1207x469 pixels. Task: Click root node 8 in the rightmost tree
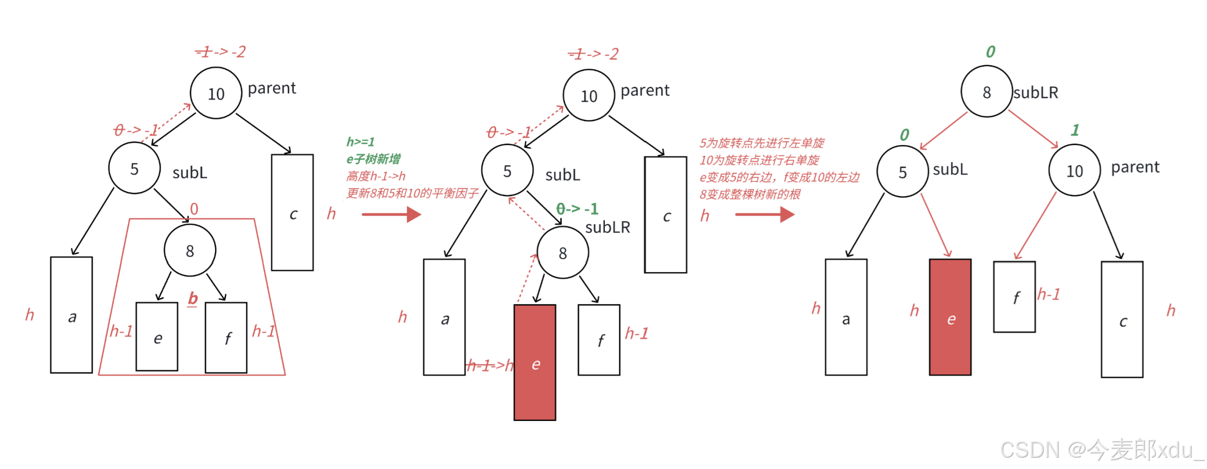(986, 92)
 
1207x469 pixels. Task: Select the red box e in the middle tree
(535, 363)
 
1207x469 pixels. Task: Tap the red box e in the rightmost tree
(950, 317)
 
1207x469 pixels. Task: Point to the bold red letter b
(193, 298)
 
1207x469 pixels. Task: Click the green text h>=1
(360, 142)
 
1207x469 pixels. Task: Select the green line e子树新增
(373, 159)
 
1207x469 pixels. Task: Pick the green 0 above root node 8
(990, 52)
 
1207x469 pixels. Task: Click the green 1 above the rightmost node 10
(1074, 130)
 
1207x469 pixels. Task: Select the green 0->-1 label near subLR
(577, 209)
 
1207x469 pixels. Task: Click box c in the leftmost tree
(292, 212)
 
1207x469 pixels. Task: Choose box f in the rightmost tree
(1014, 296)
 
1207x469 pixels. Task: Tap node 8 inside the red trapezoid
(190, 251)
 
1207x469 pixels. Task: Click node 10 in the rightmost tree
(1074, 171)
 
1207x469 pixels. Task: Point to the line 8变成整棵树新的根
(749, 194)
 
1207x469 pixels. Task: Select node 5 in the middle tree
(507, 171)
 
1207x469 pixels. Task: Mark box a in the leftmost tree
(71, 315)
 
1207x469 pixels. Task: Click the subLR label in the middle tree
(608, 227)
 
